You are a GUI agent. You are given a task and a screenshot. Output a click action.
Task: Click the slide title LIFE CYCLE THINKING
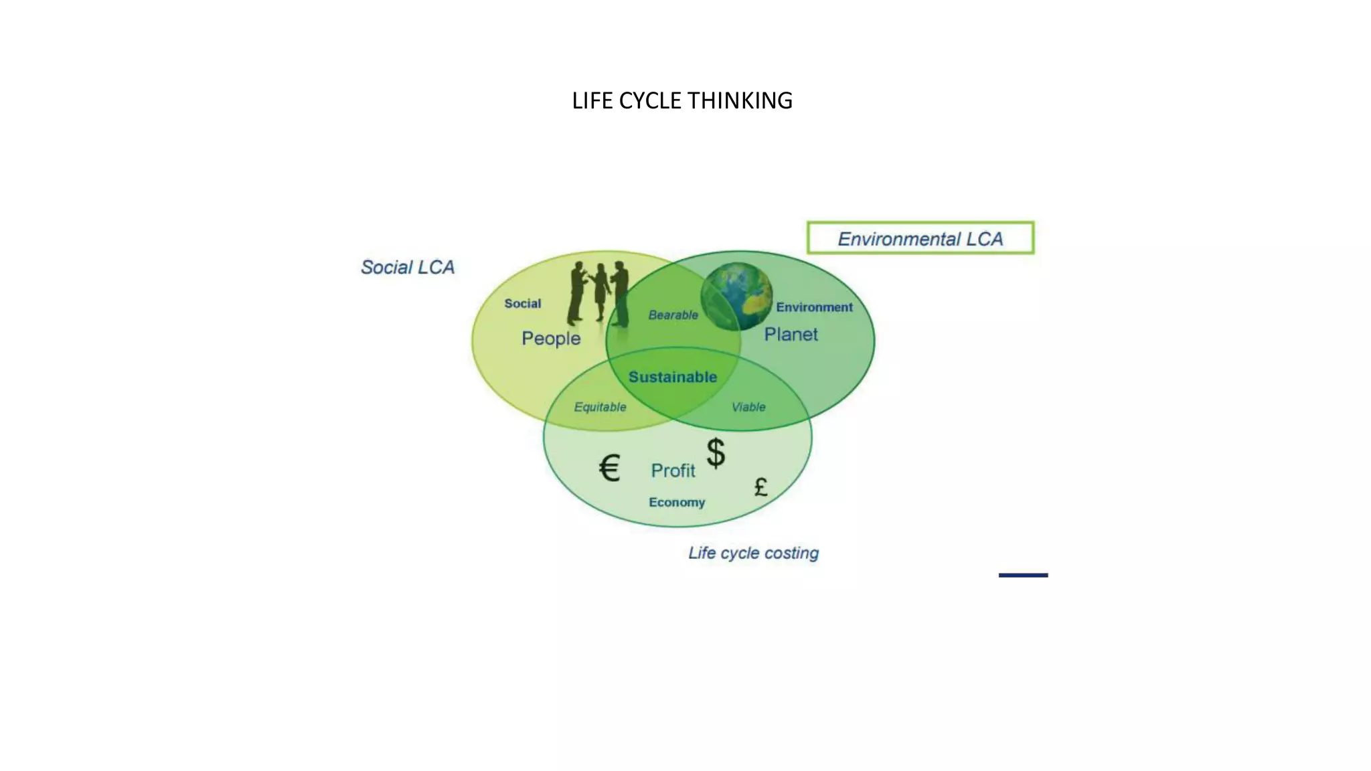click(681, 100)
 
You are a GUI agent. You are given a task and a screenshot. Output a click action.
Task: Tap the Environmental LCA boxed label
click(920, 238)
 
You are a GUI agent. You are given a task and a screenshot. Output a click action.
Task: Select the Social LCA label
click(407, 267)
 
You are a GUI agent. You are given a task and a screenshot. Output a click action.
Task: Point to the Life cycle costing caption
click(753, 553)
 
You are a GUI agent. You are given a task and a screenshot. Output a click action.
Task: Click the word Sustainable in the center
click(673, 377)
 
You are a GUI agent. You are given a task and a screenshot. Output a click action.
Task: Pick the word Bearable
click(673, 315)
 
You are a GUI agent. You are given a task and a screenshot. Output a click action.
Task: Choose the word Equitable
click(600, 407)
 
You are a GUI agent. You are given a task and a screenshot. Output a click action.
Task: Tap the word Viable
click(748, 407)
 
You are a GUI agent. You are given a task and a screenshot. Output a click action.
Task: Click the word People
click(551, 338)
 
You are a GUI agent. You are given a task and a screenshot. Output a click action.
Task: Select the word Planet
click(791, 334)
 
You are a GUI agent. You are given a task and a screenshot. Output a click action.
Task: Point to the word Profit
click(673, 470)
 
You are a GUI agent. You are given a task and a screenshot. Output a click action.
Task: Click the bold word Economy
click(677, 502)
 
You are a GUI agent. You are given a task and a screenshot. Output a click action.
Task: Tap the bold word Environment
click(814, 307)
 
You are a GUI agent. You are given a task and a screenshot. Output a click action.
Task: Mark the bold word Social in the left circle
click(522, 303)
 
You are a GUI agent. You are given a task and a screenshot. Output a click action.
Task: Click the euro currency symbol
click(609, 467)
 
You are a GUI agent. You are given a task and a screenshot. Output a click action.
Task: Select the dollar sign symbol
click(716, 453)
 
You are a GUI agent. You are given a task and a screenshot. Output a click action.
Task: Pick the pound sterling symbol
click(760, 487)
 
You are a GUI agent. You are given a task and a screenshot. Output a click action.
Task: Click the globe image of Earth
click(736, 296)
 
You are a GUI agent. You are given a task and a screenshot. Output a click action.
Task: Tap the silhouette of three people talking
click(598, 293)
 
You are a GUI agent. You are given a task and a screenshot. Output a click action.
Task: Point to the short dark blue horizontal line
click(1023, 575)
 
